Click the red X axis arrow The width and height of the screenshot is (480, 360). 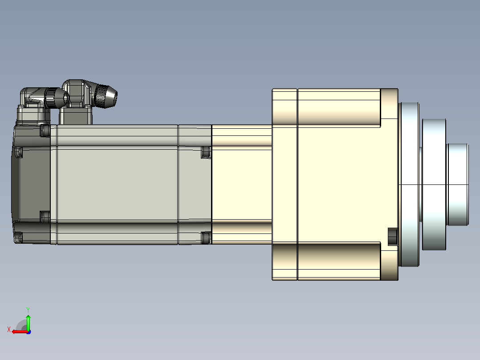[20, 331]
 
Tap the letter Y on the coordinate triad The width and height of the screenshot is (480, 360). [28, 310]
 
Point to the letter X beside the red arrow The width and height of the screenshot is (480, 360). [9, 329]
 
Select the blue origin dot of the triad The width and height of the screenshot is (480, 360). [28, 332]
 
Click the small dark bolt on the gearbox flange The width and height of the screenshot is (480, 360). [392, 237]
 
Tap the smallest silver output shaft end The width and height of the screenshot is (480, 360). [458, 184]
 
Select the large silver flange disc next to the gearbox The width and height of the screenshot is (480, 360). [409, 184]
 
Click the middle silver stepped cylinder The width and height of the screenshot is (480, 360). [434, 184]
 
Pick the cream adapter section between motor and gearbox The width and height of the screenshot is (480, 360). [242, 184]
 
